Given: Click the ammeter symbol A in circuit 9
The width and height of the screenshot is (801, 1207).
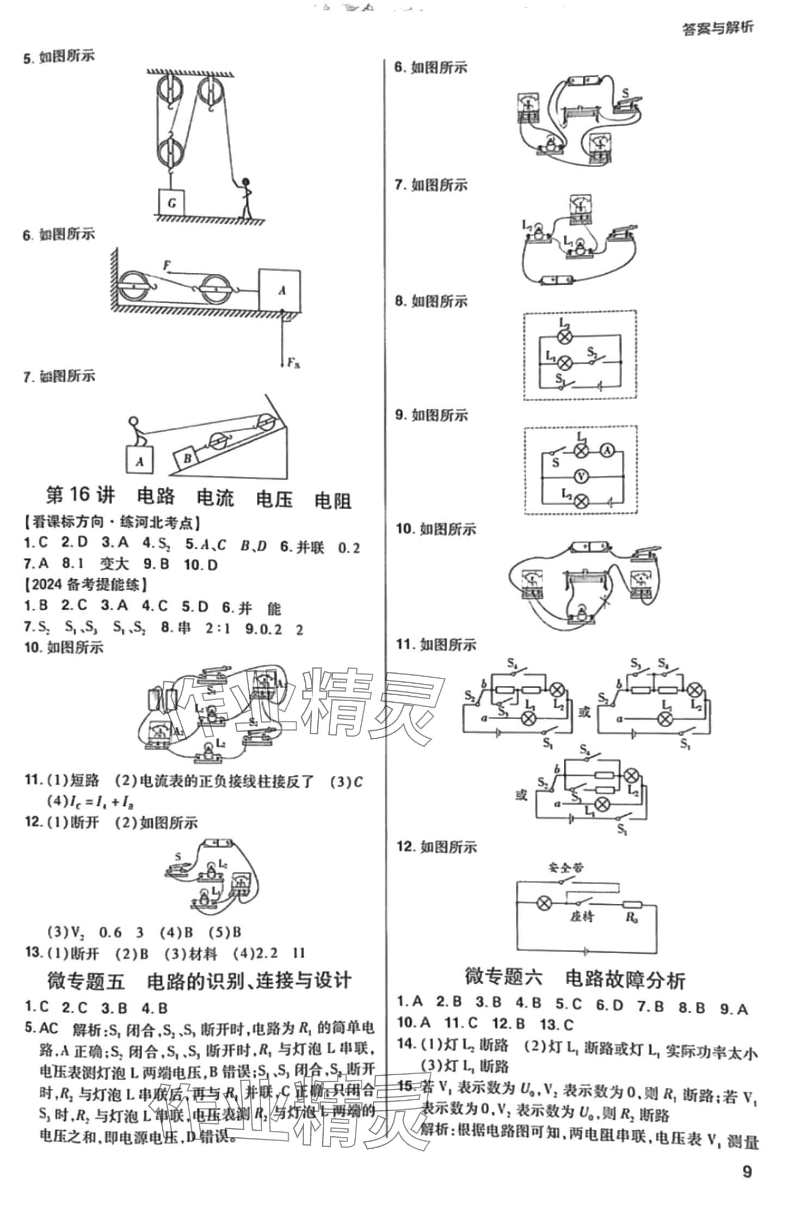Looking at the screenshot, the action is pos(608,450).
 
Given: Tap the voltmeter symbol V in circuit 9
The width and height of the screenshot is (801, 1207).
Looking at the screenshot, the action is pos(582,477).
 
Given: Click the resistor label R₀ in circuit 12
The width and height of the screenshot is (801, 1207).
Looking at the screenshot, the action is pos(632,917).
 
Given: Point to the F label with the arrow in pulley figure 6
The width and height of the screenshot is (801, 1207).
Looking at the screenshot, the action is pos(167,266).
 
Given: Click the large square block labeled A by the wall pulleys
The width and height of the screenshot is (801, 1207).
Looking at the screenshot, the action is pos(280,290).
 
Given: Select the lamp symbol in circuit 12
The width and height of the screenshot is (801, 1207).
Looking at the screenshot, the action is pos(543,903).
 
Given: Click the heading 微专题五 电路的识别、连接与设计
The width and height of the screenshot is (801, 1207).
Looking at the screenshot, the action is pos(199,981).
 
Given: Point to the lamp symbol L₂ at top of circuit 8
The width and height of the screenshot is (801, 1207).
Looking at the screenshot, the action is pos(565,336).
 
